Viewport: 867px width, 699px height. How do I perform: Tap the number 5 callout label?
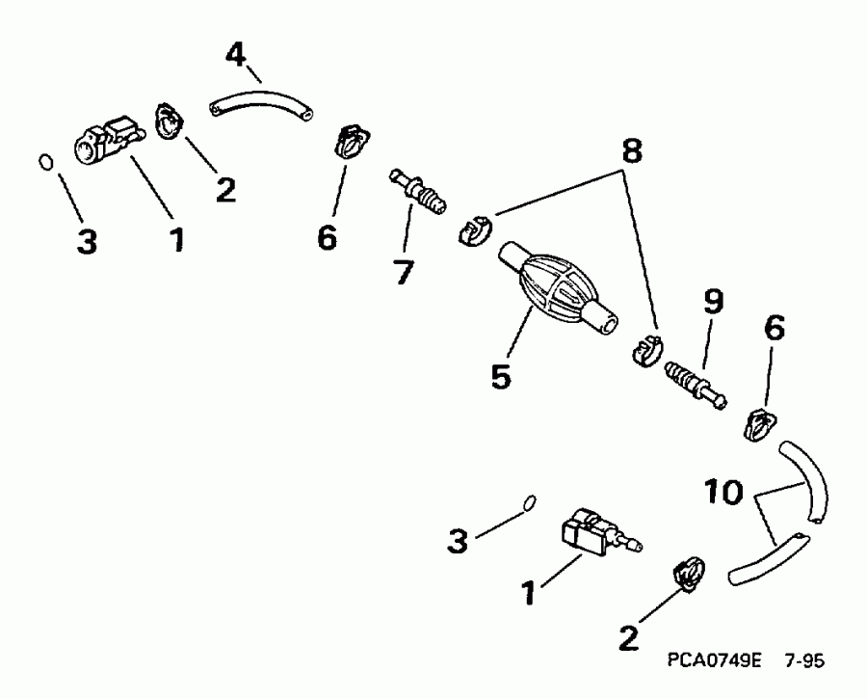point(499,376)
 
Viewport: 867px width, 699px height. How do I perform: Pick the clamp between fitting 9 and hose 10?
point(760,422)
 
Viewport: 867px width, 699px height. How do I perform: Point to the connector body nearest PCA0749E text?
point(589,535)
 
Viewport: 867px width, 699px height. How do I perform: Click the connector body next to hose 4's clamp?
point(103,143)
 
